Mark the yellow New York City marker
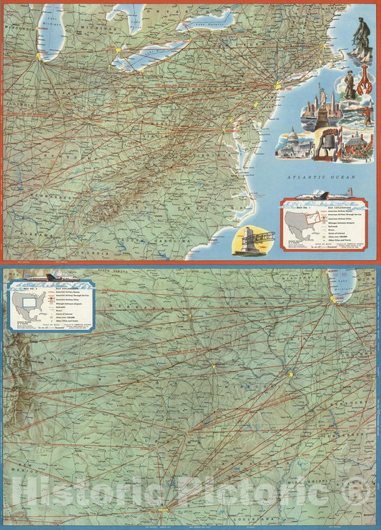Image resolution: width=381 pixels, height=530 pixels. [277, 86]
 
